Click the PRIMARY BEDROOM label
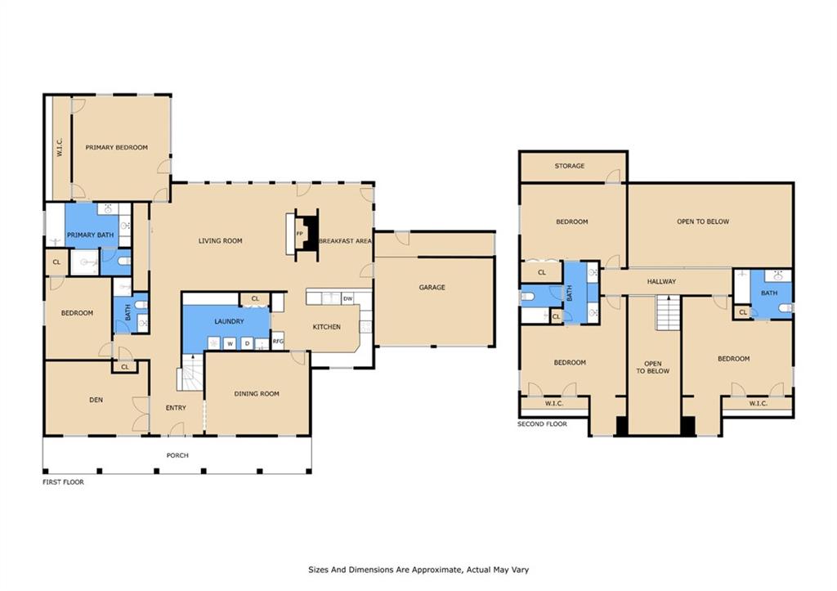click(116, 147)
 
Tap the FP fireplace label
click(299, 233)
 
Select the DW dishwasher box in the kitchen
click(347, 298)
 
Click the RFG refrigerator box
click(278, 341)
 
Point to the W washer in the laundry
click(230, 344)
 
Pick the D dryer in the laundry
click(247, 344)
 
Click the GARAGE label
click(432, 287)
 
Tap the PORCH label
click(177, 455)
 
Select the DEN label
click(96, 400)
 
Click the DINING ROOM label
click(257, 393)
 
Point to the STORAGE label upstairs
click(570, 166)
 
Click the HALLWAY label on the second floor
click(661, 281)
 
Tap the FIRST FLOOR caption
click(63, 482)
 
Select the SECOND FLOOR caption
click(542, 424)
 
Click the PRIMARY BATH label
click(90, 235)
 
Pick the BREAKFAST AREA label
click(346, 241)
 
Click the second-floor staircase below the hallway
click(669, 313)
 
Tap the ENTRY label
click(176, 408)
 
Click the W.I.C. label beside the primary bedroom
click(59, 147)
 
